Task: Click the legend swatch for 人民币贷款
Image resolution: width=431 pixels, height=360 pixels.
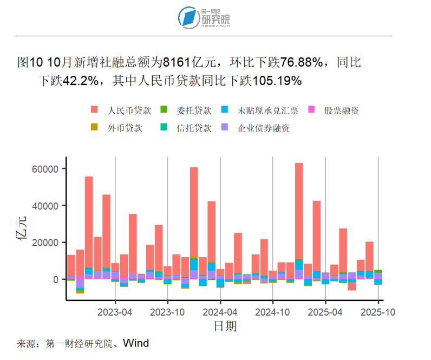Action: [x=95, y=110]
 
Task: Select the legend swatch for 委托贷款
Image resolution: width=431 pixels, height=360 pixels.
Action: [x=164, y=110]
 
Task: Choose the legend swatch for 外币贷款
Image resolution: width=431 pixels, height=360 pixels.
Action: [x=95, y=128]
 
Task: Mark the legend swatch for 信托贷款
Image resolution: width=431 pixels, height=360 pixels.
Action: [x=164, y=128]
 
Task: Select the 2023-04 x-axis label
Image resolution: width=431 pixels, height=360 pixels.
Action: [x=115, y=312]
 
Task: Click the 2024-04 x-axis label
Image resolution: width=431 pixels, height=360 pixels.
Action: [x=220, y=312]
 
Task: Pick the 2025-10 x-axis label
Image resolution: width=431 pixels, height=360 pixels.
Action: [x=377, y=312]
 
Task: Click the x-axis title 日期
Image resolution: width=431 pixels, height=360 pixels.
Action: [x=225, y=326]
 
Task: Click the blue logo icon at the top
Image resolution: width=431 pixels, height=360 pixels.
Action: [x=190, y=17]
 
